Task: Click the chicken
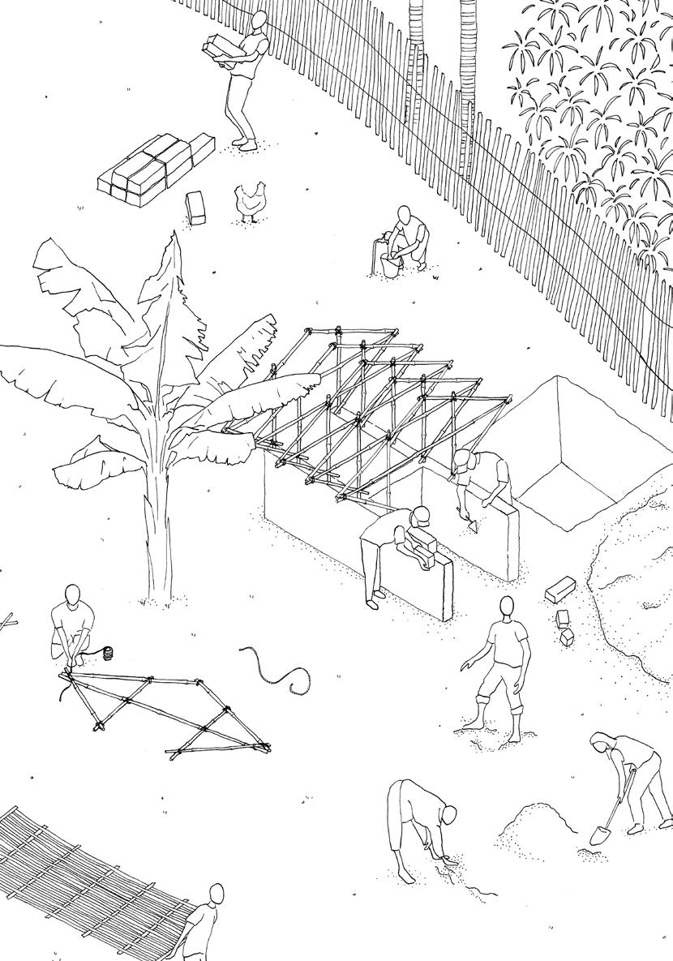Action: pos(250,201)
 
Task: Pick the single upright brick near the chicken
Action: pos(195,208)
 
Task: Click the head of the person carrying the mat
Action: pos(216,895)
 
